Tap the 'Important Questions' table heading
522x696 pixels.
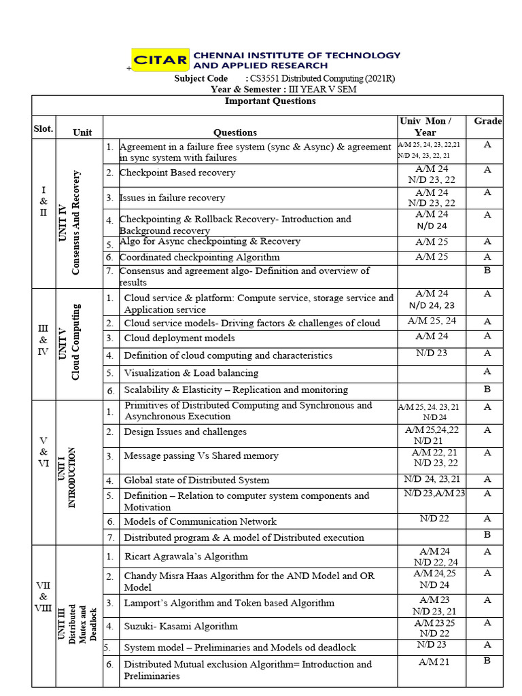click(270, 101)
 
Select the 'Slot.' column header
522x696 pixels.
click(43, 128)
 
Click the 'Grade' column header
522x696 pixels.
click(487, 121)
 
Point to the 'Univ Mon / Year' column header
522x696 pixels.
click(432, 126)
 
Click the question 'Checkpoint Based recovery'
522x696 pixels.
click(177, 173)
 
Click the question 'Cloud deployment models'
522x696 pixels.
click(179, 338)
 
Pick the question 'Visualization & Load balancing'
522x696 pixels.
click(191, 372)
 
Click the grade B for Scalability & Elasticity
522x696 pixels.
click(487, 389)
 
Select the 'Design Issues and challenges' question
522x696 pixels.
click(185, 432)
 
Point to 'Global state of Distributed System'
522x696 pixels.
click(196, 480)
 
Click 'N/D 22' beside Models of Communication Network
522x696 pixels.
click(434, 519)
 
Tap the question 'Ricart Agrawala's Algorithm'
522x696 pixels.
click(186, 556)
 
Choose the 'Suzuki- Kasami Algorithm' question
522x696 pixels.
click(181, 626)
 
